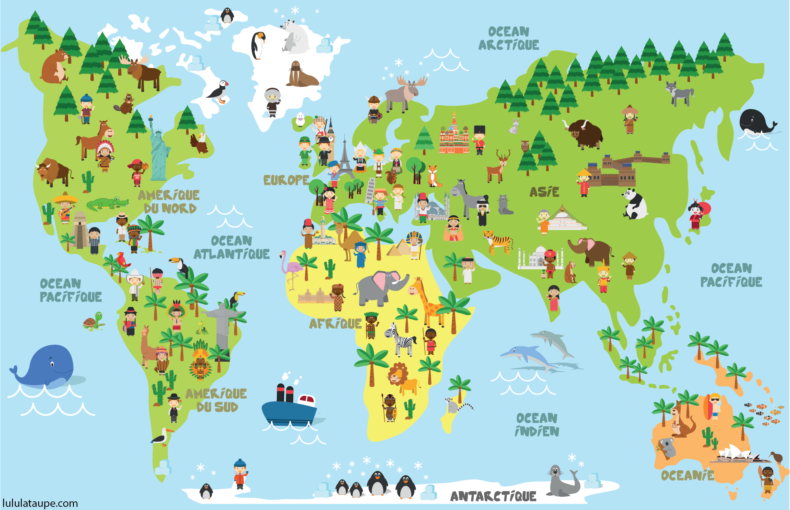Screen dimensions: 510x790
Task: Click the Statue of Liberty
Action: point(158,151)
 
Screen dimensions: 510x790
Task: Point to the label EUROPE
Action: point(286,180)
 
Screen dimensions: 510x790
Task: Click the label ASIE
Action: point(544,192)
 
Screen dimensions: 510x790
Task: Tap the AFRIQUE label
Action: point(335,324)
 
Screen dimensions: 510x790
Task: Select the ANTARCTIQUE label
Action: point(493,496)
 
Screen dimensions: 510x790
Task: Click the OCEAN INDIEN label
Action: point(537,425)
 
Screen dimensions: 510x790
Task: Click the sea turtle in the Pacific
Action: point(93,321)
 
